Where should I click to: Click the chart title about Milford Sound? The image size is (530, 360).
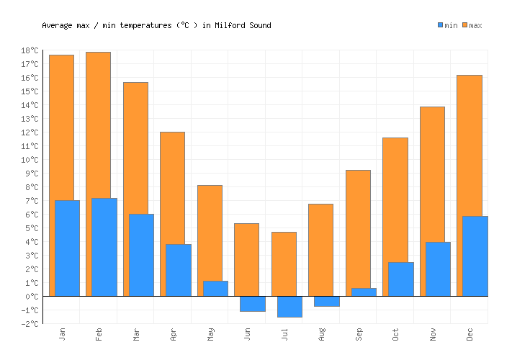click(156, 25)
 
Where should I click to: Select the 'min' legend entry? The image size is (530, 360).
click(447, 25)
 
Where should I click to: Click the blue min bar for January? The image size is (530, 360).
click(67, 248)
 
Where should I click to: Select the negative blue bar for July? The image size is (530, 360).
click(289, 306)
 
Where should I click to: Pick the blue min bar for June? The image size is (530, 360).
click(253, 303)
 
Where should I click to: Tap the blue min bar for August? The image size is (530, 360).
click(327, 301)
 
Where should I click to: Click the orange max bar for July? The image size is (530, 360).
click(284, 264)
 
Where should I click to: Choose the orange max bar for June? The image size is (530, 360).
click(246, 259)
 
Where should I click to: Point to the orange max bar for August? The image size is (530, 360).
click(320, 249)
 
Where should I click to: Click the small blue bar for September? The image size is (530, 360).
click(364, 292)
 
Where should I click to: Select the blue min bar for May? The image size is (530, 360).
click(215, 288)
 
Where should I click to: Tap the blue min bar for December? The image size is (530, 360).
click(475, 256)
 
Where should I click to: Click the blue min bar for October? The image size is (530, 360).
click(401, 279)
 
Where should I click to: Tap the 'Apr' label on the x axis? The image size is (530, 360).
click(173, 334)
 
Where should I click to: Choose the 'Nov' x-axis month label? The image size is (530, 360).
click(433, 334)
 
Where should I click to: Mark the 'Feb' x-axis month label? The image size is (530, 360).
click(99, 334)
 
